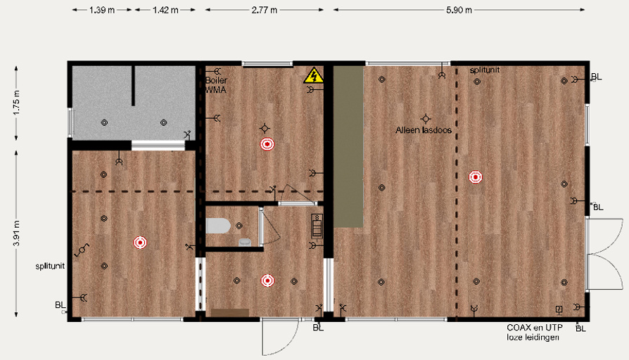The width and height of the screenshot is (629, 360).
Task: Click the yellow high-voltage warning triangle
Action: (314, 76)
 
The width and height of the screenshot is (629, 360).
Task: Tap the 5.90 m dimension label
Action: (459, 10)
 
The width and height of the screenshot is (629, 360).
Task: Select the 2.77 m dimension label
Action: (265, 10)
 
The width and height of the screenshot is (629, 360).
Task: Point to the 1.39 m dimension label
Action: (102, 10)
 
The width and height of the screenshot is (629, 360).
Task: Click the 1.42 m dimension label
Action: (165, 10)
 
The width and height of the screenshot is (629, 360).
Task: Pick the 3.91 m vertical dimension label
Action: (16, 233)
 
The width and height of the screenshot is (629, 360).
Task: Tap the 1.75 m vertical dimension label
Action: (16, 103)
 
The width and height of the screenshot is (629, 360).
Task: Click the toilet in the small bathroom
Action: (218, 226)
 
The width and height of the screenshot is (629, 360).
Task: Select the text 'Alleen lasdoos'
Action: (424, 130)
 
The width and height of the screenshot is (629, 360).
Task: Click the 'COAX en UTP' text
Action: (535, 328)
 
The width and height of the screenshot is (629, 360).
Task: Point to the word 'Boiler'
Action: (216, 80)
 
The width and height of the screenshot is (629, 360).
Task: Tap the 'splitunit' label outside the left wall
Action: (50, 266)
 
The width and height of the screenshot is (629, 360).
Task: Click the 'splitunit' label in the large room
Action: (485, 70)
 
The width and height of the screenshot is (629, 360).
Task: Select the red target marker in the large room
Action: (476, 176)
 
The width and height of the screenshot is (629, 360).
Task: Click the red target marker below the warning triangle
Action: (267, 144)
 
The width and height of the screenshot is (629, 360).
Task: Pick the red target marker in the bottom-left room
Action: (140, 242)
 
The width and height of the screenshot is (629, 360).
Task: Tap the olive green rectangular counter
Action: (348, 147)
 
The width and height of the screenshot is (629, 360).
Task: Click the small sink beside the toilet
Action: (245, 242)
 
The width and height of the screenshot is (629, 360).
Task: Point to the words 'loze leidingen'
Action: (533, 337)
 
